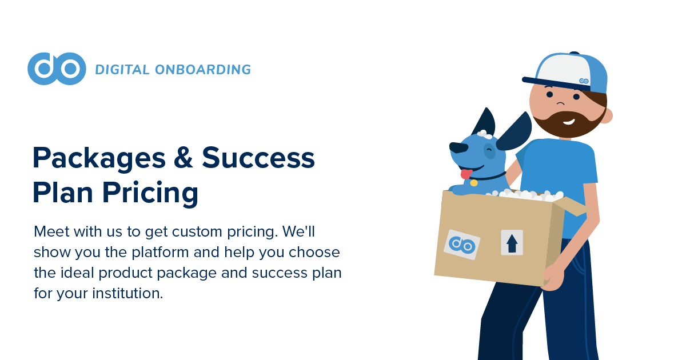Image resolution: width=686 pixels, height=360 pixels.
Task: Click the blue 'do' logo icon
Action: coord(57,69)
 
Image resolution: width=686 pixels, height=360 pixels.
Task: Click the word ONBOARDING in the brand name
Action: coord(203,70)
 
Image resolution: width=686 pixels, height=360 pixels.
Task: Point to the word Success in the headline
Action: coord(258,157)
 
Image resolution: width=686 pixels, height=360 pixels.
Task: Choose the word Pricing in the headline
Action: coord(150,193)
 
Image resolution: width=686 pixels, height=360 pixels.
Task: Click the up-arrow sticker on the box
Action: coord(512,242)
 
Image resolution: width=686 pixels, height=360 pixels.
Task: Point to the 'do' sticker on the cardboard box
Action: coord(462,245)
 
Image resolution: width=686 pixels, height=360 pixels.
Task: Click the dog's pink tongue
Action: coord(466,174)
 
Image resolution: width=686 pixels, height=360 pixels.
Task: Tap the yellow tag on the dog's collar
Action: coord(474,183)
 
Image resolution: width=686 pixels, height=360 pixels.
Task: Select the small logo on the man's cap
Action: coord(584,81)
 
